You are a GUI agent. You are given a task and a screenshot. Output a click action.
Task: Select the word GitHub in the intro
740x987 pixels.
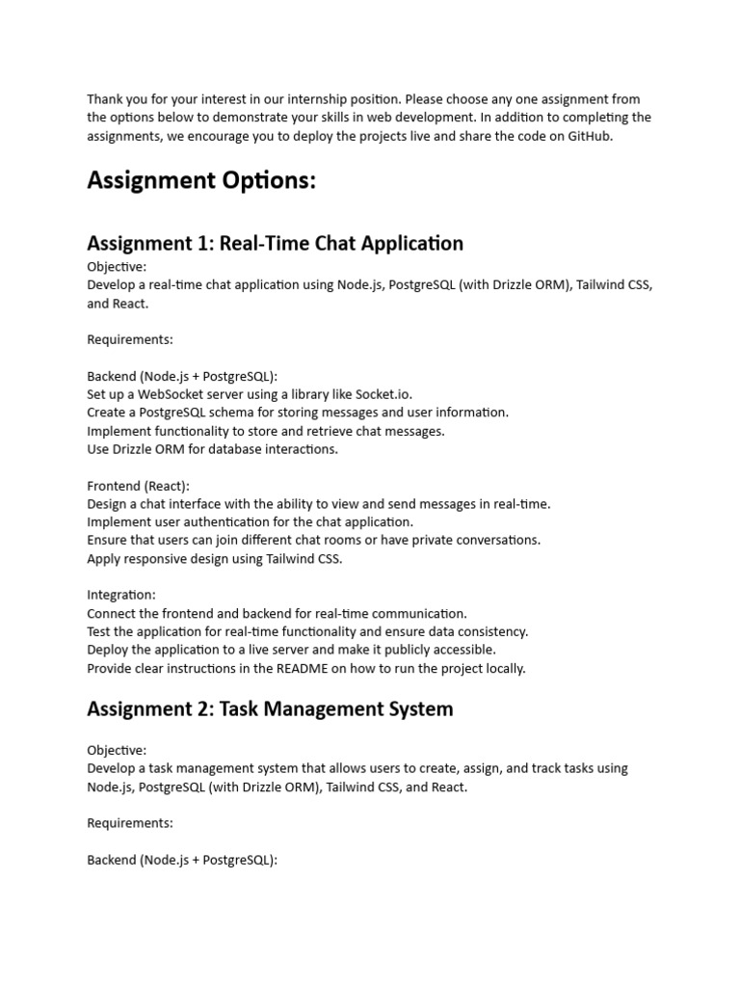pyautogui.click(x=589, y=136)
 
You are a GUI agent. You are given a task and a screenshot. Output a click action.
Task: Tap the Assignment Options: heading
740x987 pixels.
pyautogui.click(x=201, y=180)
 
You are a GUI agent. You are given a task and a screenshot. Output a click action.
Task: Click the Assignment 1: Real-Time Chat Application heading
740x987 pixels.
pyautogui.click(x=275, y=243)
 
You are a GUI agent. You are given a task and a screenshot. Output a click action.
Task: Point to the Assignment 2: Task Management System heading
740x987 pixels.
pyautogui.click(x=270, y=709)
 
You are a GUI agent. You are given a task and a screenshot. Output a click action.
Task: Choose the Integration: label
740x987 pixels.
pyautogui.click(x=121, y=596)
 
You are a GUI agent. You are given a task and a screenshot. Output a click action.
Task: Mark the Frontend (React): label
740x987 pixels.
pyautogui.click(x=139, y=486)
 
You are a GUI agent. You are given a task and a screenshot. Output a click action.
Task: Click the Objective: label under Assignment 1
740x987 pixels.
pyautogui.click(x=117, y=267)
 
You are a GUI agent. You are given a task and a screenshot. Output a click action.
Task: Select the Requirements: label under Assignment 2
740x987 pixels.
pyautogui.click(x=130, y=823)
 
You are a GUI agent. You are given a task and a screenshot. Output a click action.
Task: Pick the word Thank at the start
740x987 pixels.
pyautogui.click(x=105, y=99)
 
